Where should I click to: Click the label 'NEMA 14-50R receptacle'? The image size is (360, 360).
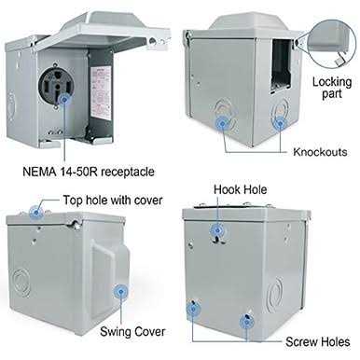[x=89, y=172]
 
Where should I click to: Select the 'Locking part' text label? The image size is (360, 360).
[x=332, y=88]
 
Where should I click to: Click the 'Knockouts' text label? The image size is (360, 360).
[x=320, y=152]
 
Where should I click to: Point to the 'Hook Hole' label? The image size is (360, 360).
[x=240, y=189]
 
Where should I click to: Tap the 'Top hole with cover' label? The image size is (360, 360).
[x=113, y=201]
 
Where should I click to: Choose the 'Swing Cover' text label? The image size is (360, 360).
[x=132, y=332]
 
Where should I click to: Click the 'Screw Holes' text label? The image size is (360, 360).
[x=318, y=342]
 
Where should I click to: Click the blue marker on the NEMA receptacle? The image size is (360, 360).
[x=64, y=100]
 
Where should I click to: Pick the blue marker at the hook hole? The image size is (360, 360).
[x=217, y=230]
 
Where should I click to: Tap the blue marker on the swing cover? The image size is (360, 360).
[x=121, y=292]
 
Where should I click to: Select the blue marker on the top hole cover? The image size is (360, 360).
[x=36, y=213]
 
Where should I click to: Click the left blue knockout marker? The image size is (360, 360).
[x=222, y=124]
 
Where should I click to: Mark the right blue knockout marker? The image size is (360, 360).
[x=280, y=124]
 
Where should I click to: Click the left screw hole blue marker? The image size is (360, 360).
[x=193, y=309]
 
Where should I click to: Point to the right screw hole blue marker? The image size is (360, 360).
[x=246, y=322]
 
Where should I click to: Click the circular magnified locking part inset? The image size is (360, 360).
[x=331, y=44]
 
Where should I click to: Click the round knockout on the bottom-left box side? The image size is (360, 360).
[x=21, y=283]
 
